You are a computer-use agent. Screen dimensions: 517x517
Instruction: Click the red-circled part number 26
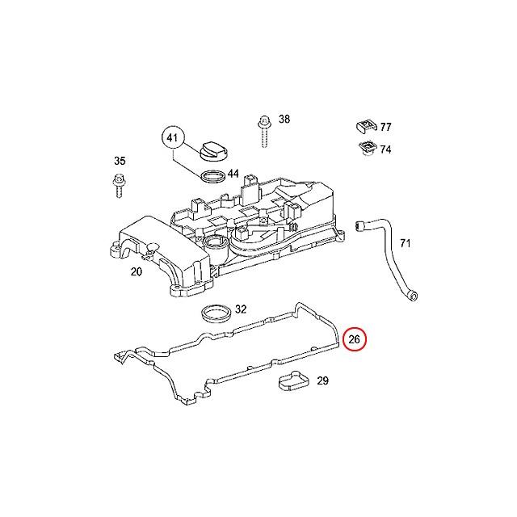point(355,339)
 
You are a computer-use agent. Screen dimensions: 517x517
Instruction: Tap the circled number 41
point(173,137)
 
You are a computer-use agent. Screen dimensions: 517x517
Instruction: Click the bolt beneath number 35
point(119,187)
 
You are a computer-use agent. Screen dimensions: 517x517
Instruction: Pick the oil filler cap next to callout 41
point(214,151)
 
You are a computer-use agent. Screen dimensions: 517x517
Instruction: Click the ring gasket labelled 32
point(216,314)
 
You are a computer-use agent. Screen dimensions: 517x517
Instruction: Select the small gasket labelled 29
point(294,381)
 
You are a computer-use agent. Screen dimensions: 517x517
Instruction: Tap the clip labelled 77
point(366,127)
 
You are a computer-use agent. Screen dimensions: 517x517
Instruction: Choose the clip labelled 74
point(367,148)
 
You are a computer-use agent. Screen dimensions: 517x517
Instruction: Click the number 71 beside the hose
point(406,243)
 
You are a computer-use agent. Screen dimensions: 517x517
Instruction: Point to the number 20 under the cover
point(137,271)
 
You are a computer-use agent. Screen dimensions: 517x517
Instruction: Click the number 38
point(284,119)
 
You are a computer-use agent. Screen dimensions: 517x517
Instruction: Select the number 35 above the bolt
point(120,161)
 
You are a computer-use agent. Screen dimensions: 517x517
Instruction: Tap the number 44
point(233,174)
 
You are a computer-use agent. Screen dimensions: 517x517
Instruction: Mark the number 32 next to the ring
point(241,309)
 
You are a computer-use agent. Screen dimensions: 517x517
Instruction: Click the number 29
point(323,380)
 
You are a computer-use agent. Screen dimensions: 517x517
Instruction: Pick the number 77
point(385,127)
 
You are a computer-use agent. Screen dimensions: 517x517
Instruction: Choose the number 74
point(385,149)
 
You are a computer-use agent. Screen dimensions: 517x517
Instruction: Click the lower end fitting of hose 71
point(411,295)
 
